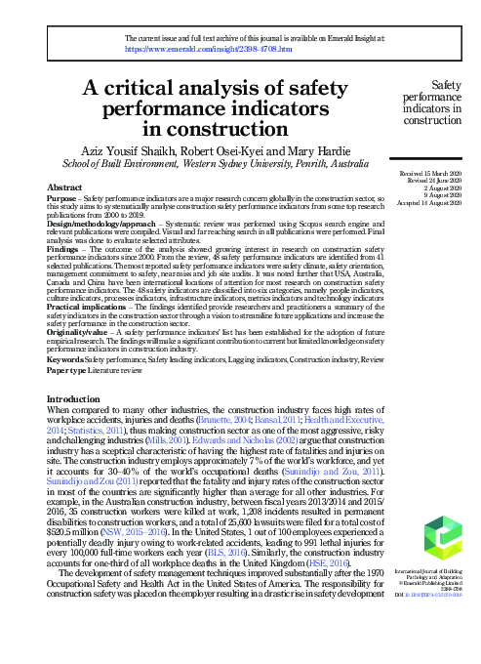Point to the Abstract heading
point(64,187)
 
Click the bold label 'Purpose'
point(62,198)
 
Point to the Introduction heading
point(80,399)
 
